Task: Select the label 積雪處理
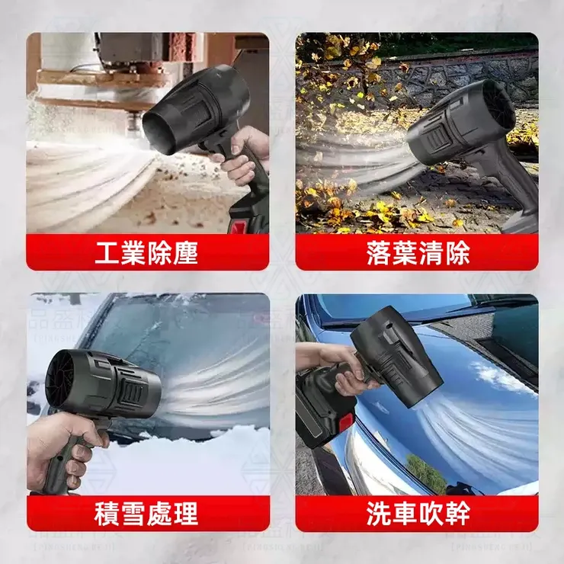tap(146, 513)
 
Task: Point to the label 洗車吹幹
tap(416, 513)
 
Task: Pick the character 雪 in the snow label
tap(133, 513)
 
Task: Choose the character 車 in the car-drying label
tap(403, 513)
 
